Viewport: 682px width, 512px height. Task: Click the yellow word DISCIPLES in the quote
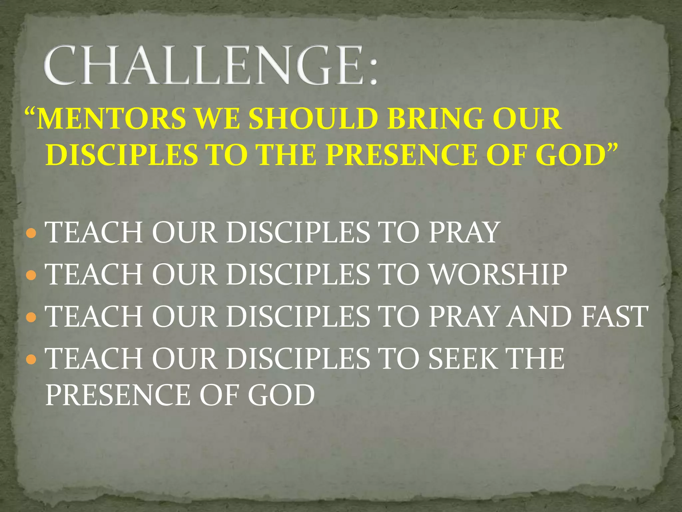click(121, 155)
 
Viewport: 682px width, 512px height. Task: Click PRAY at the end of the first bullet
click(464, 233)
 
